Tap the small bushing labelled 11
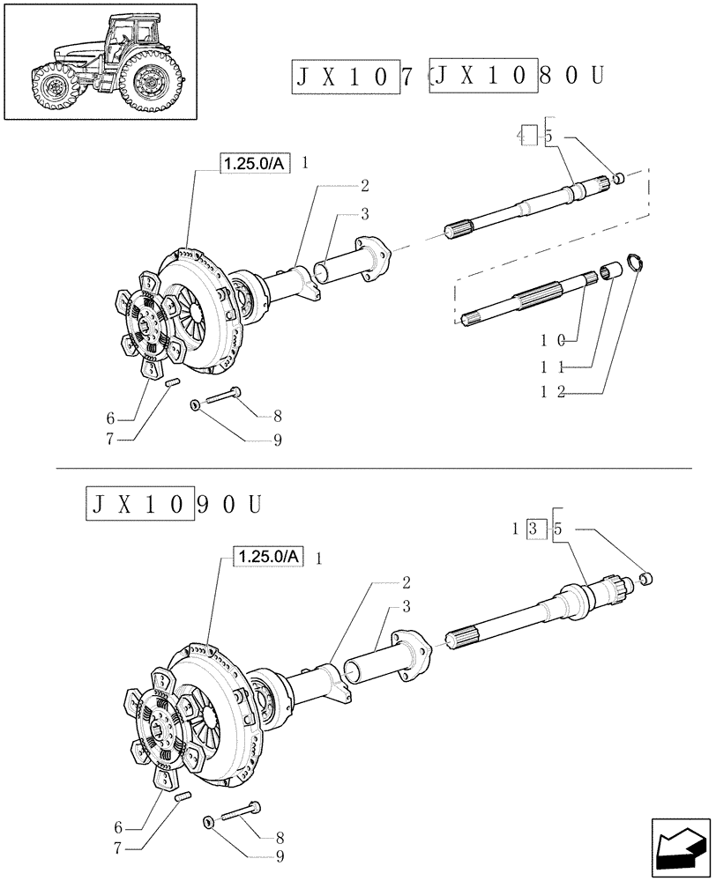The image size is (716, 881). (x=608, y=270)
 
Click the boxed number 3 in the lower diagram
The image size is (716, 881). (x=533, y=529)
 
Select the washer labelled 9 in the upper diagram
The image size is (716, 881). (x=195, y=405)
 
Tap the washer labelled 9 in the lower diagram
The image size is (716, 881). (x=209, y=823)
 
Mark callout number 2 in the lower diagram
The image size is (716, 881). (x=406, y=582)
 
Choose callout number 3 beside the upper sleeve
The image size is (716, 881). (x=362, y=214)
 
